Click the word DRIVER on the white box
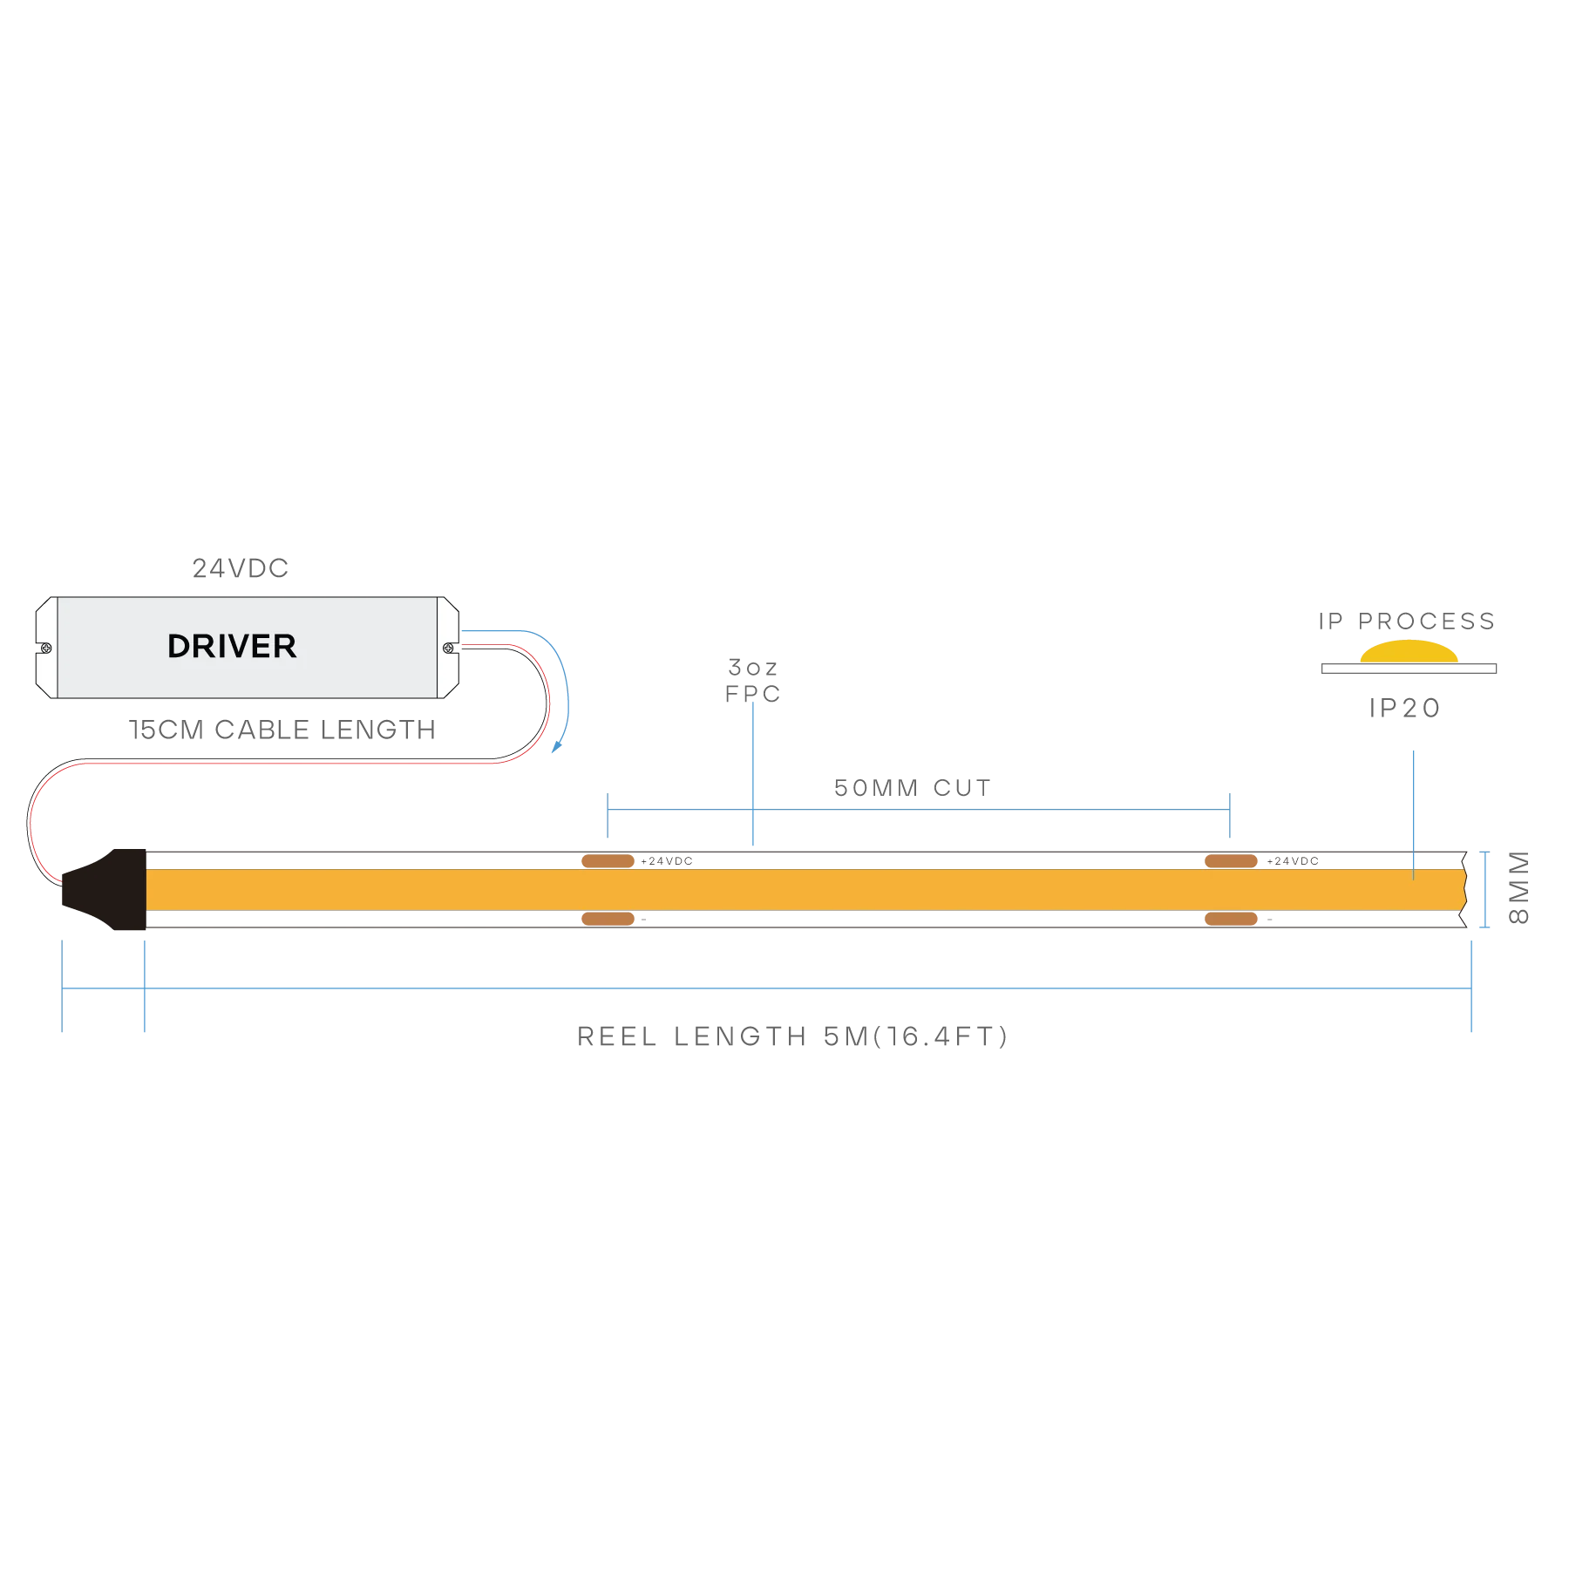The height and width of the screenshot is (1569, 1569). pos(232,647)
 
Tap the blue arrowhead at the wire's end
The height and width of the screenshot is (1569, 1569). pos(559,747)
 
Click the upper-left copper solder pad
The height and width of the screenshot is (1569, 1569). pos(608,861)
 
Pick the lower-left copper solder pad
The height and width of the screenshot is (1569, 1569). pos(608,919)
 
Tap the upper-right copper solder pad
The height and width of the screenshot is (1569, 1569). pos(1231,861)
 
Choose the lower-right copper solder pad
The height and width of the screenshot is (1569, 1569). pos(1231,919)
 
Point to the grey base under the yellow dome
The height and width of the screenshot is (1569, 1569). pos(1409,670)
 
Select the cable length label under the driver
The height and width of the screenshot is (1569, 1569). pos(283,729)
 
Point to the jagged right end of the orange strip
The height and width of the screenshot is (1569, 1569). pos(1464,889)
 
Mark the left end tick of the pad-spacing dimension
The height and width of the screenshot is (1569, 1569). pos(610,814)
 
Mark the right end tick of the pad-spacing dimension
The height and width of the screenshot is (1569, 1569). pos(1231,814)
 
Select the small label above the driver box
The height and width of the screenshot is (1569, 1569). pos(240,569)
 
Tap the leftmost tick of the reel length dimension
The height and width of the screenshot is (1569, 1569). pos(59,988)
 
